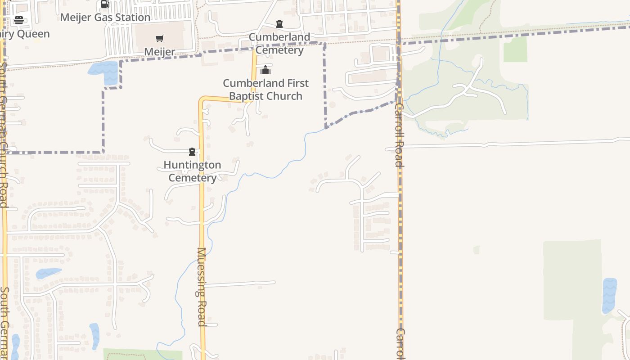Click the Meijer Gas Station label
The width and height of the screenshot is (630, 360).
coord(105,18)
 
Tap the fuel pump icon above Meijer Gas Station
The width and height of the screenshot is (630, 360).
coord(105,4)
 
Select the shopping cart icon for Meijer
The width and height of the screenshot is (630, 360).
coord(160,39)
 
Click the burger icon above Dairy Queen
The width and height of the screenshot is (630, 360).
coord(19,20)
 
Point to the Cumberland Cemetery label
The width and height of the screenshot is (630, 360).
coord(279,44)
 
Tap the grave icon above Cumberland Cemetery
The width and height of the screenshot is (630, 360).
coord(279,24)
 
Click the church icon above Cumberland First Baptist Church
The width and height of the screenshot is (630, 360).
coord(266,70)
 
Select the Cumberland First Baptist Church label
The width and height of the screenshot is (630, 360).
coord(266,90)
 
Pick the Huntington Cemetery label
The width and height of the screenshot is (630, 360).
coord(192,171)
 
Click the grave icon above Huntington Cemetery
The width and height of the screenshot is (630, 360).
coord(192,152)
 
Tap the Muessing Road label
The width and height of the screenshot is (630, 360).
coord(201,287)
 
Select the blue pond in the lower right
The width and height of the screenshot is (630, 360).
coord(609,295)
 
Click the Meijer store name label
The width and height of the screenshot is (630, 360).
coord(160,52)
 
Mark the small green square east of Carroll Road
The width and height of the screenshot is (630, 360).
coord(515,49)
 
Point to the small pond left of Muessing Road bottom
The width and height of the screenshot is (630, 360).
coord(94,335)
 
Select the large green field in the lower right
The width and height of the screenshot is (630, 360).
coord(571,288)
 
